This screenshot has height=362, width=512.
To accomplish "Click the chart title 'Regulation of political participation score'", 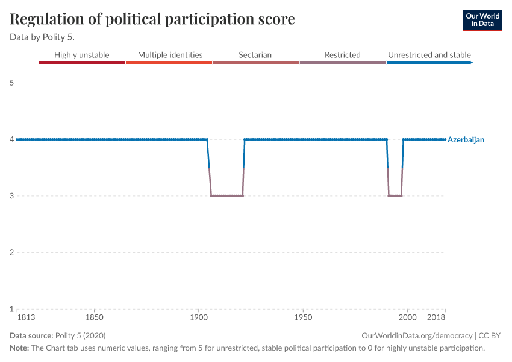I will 152,19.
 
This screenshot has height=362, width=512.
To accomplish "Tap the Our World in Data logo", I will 482,20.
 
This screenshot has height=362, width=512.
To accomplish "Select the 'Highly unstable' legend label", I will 82,55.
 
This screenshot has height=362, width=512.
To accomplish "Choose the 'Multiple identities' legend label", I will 170,55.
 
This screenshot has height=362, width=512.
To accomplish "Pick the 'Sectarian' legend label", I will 255,55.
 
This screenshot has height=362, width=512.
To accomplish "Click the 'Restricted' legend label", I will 342,55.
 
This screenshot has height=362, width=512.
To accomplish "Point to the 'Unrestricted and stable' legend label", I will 429,55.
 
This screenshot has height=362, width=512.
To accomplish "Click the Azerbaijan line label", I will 466,139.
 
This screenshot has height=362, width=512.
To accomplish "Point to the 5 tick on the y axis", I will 11,83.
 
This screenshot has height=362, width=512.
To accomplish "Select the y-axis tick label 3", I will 11,196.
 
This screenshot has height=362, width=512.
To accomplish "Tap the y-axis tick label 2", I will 11,252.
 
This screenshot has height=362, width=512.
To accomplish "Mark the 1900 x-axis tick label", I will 199,317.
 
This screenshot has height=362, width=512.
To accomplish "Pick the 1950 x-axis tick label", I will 303,317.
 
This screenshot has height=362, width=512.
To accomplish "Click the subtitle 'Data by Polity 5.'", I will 42,37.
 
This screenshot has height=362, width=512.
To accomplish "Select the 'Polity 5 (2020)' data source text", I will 80,335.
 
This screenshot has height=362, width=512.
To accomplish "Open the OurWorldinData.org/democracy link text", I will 416,335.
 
